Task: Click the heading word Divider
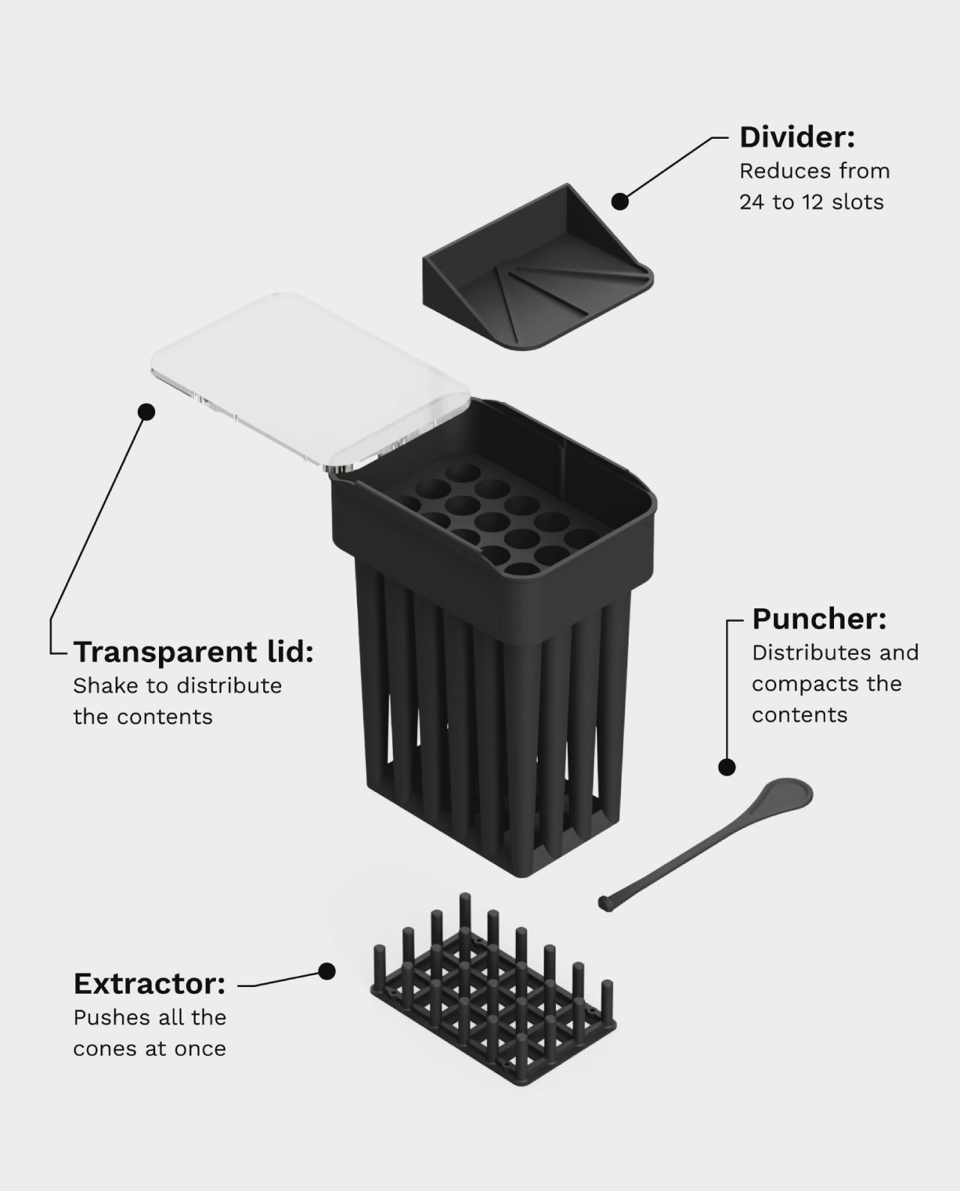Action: click(x=797, y=137)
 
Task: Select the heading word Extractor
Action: click(x=149, y=984)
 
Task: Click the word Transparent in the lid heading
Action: click(x=165, y=652)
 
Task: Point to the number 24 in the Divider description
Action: click(x=751, y=202)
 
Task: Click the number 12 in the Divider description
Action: click(x=813, y=202)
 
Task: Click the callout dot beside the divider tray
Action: click(x=620, y=202)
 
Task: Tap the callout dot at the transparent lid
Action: click(x=146, y=412)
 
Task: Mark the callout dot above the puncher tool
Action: click(x=727, y=767)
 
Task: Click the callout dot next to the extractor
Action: click(x=327, y=971)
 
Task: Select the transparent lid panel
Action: click(x=310, y=382)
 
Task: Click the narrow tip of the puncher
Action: click(x=605, y=904)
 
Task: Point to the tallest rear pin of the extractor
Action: click(x=465, y=913)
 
